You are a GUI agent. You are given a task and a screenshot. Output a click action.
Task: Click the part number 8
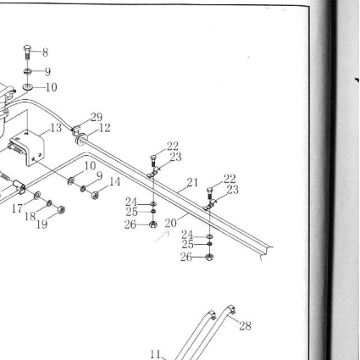tap(45, 53)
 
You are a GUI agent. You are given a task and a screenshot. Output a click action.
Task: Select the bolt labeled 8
tap(27, 52)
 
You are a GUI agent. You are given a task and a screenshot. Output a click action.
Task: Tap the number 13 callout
tap(56, 128)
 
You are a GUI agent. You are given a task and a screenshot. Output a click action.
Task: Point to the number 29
tap(97, 117)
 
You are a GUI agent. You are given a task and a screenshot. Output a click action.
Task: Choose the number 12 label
tap(104, 128)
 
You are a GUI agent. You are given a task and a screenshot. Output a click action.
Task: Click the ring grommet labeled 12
tap(81, 139)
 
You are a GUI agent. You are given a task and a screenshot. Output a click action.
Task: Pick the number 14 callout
tap(115, 182)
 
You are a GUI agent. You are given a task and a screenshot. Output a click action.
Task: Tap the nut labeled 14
tap(95, 195)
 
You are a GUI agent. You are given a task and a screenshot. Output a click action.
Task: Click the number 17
tap(17, 208)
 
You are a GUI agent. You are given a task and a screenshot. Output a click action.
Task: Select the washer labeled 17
tap(37, 195)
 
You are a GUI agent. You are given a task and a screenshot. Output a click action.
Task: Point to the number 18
tap(30, 217)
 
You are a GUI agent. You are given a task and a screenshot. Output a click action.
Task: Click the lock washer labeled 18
tap(49, 202)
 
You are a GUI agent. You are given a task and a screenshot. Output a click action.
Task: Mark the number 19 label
tap(42, 224)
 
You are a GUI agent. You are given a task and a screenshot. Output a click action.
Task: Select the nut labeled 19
tap(61, 210)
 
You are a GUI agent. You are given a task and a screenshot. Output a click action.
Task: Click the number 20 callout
tap(170, 224)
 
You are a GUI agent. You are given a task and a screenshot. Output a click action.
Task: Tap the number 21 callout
tap(192, 182)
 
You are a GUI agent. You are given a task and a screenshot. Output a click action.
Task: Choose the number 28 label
tap(245, 326)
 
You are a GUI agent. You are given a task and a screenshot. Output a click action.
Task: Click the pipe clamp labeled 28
tap(231, 309)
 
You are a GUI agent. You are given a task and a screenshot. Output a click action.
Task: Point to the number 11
tap(155, 354)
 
